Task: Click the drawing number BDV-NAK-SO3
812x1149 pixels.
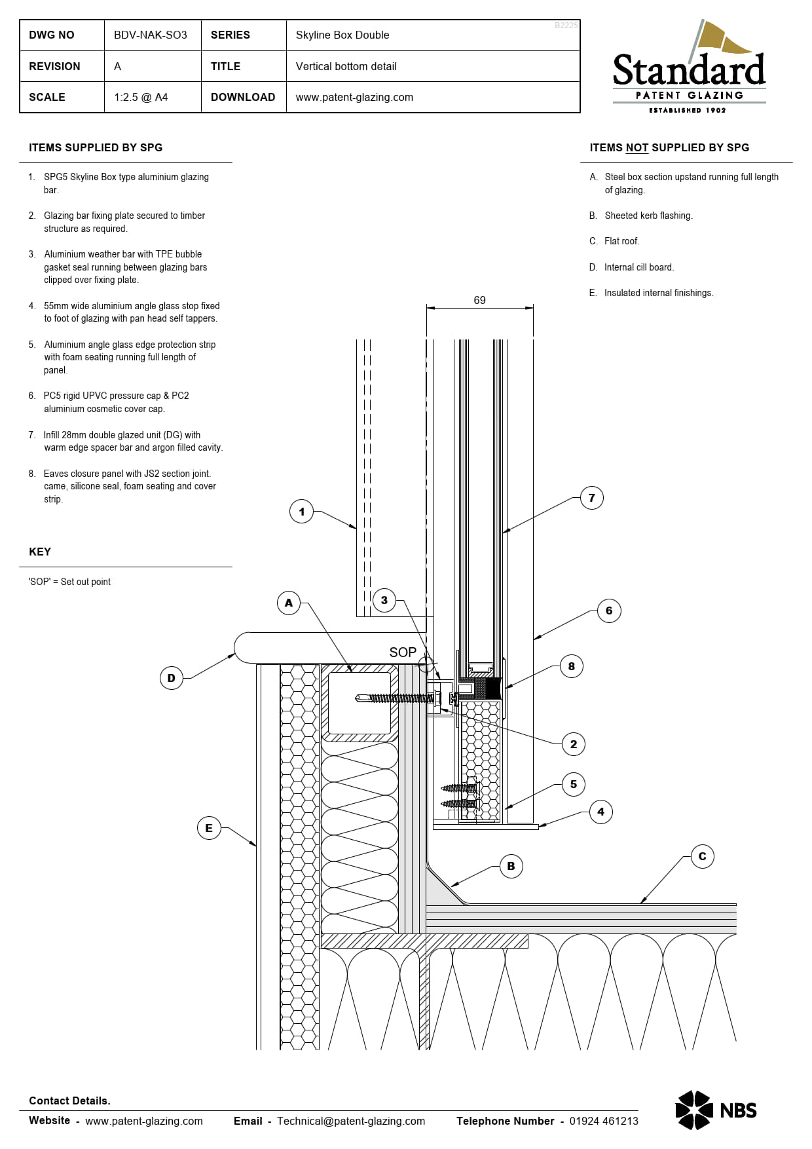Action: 150,35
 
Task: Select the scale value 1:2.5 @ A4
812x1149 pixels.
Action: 141,97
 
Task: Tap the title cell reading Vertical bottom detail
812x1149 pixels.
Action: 346,66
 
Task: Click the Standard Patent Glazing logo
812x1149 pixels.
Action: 689,69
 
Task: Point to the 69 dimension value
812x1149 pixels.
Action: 479,300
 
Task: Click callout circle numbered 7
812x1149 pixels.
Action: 591,498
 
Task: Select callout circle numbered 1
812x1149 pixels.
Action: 301,512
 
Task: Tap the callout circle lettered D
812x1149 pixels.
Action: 171,678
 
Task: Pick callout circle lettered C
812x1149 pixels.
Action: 702,856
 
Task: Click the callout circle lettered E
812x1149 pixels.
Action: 208,828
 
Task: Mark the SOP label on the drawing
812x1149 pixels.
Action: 402,652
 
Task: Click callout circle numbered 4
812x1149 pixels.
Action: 600,812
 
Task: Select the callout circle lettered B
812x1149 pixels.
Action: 511,866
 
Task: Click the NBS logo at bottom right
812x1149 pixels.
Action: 716,1110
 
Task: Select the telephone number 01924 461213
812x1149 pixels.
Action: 603,1121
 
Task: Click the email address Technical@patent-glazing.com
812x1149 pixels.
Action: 350,1121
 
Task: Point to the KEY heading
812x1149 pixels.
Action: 40,552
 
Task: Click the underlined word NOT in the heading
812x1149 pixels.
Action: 637,147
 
